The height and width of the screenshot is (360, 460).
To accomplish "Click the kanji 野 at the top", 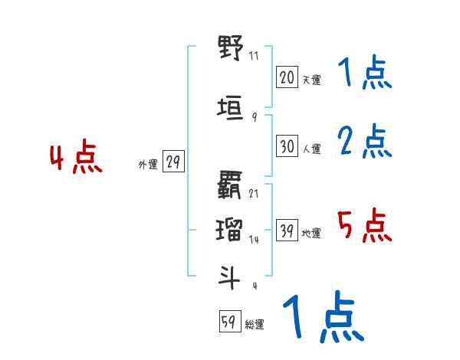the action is (230, 48).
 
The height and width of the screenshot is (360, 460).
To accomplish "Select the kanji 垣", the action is (230, 109).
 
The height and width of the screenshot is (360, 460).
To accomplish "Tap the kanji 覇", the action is (230, 185).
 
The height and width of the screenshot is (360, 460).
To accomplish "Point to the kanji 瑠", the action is (230, 230).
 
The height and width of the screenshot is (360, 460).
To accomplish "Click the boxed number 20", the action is (287, 77).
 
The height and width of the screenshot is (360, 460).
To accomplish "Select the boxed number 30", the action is (287, 146).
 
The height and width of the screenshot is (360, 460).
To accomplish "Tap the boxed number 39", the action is (287, 231).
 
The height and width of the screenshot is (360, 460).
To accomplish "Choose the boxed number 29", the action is (173, 162).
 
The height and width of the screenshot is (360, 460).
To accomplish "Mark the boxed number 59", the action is (228, 322).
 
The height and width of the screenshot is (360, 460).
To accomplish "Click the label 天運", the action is (310, 80).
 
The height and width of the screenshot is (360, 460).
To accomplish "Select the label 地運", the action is (310, 234).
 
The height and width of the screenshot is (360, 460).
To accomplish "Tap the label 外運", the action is (148, 164).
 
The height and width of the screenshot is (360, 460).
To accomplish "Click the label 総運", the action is (254, 325).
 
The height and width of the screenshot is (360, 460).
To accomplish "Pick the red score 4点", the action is (76, 159).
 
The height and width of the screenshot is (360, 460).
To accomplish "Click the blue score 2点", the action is (365, 141).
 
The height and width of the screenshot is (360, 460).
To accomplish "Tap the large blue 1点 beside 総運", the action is (322, 318).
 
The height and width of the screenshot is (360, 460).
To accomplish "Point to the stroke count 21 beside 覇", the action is (254, 193).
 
